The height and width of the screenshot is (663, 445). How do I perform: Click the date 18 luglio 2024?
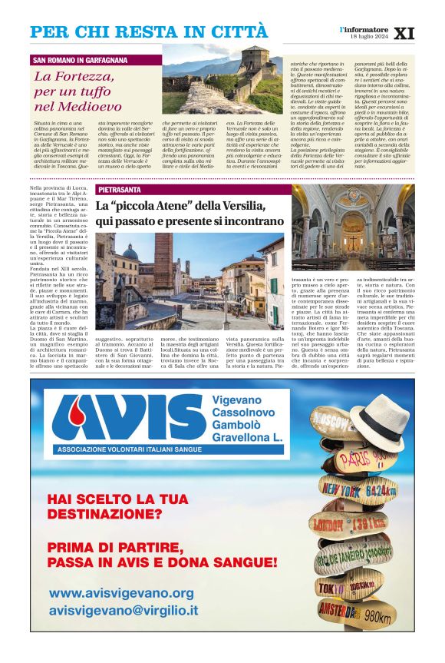(368, 37)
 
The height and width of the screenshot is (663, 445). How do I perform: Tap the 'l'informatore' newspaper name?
(365, 28)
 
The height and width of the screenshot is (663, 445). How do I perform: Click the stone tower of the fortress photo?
(253, 62)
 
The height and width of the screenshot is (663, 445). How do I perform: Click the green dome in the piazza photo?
(130, 254)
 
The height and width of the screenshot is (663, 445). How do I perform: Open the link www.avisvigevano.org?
(121, 593)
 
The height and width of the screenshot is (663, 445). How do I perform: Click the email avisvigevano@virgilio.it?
(124, 612)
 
